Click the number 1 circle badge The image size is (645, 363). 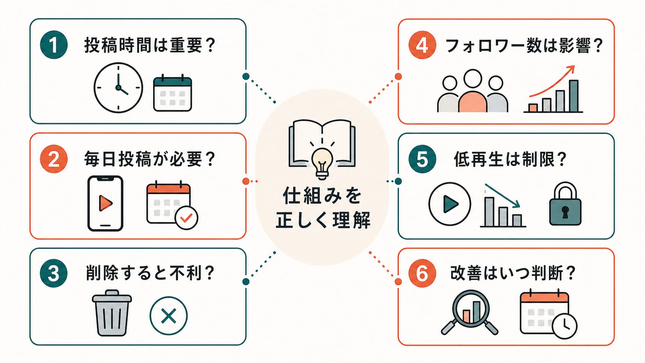(x=54, y=45)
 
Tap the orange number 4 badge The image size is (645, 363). (x=422, y=45)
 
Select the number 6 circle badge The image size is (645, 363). (x=422, y=273)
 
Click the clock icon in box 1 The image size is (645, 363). (x=118, y=88)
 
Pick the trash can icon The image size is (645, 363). (x=112, y=313)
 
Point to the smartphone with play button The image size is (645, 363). (x=105, y=204)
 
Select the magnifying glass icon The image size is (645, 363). (x=470, y=312)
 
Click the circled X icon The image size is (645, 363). (x=169, y=316)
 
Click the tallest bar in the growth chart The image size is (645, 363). (x=574, y=96)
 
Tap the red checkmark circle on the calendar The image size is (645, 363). (x=186, y=218)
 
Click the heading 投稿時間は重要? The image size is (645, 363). (x=150, y=45)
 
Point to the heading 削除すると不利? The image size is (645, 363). (x=150, y=273)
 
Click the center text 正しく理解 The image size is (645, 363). (x=323, y=220)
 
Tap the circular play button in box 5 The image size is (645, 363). (x=450, y=204)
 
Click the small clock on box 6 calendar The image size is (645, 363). (x=565, y=326)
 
